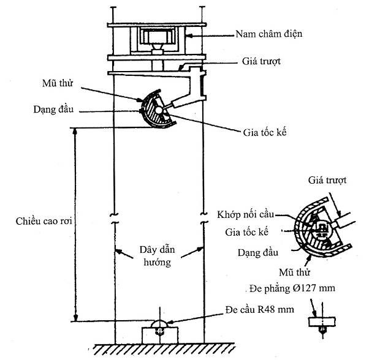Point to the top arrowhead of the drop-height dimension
[76, 130]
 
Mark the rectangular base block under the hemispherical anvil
[158, 336]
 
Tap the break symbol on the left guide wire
[114, 219]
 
